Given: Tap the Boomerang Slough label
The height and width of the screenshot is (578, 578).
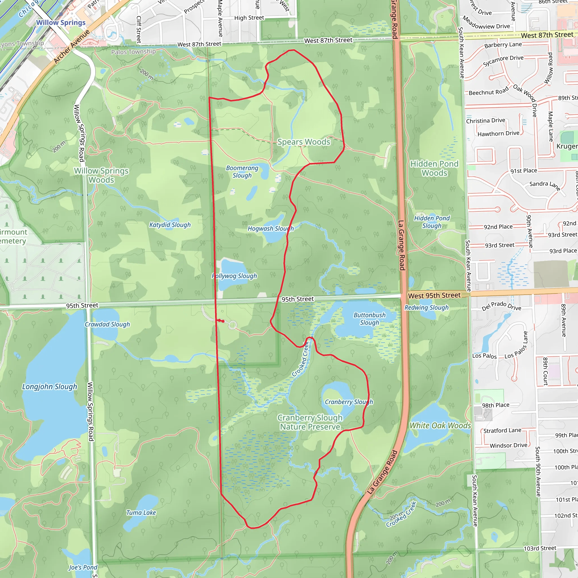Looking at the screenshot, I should pyautogui.click(x=242, y=172).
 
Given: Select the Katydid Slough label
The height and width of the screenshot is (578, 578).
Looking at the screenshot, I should pyautogui.click(x=170, y=225).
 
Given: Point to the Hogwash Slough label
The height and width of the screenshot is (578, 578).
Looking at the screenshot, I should pyautogui.click(x=270, y=229).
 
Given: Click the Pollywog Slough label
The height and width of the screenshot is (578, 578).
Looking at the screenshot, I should pyautogui.click(x=234, y=276).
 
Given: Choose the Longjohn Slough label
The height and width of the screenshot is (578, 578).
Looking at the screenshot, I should pyautogui.click(x=50, y=387).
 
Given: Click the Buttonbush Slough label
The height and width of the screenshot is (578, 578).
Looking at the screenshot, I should pyautogui.click(x=369, y=319).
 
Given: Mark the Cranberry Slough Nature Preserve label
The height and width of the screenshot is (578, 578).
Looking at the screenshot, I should pyautogui.click(x=310, y=422).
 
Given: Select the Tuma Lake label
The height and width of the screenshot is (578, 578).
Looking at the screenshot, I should pyautogui.click(x=141, y=513).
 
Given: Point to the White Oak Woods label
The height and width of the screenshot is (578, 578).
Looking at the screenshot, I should pyautogui.click(x=440, y=425).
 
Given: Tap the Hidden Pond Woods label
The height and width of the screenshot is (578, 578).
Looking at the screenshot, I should pyautogui.click(x=434, y=168).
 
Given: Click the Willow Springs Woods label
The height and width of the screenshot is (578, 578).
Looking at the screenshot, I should pyautogui.click(x=101, y=175).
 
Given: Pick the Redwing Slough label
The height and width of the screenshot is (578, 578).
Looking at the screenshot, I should pyautogui.click(x=426, y=308).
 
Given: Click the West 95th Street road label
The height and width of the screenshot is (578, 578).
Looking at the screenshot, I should pyautogui.click(x=434, y=295).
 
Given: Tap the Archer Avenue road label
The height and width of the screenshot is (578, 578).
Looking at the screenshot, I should pyautogui.click(x=72, y=47).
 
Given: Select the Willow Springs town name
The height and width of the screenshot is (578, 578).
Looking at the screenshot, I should pyautogui.click(x=61, y=23).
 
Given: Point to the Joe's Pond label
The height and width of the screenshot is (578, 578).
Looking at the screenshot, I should pyautogui.click(x=83, y=567).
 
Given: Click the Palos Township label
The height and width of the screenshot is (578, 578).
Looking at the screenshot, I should pyautogui.click(x=133, y=52).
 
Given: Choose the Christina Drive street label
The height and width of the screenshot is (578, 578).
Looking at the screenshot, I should pyautogui.click(x=485, y=121).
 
